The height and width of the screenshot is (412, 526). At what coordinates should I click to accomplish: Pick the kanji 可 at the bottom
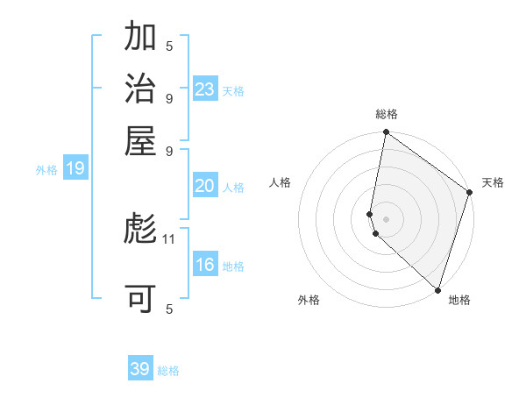[x=140, y=299]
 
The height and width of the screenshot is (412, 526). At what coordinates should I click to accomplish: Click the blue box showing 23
[x=205, y=89]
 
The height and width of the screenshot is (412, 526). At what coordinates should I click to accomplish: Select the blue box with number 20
[x=205, y=186]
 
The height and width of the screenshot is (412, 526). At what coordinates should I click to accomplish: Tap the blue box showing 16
[x=205, y=265]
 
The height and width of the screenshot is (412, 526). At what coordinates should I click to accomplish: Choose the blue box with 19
[x=75, y=168]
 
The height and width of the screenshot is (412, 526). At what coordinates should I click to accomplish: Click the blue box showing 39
[x=140, y=369]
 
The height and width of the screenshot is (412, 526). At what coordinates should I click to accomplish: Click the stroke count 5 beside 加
[x=169, y=46]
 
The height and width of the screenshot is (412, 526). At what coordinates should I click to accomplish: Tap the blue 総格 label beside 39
[x=168, y=371]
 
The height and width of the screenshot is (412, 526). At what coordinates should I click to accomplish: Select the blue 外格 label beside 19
[x=46, y=170]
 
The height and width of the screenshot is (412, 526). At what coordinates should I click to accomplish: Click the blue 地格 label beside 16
[x=233, y=266]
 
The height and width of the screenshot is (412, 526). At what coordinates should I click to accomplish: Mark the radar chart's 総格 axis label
[x=386, y=114]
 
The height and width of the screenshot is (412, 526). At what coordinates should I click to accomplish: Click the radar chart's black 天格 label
[x=493, y=182]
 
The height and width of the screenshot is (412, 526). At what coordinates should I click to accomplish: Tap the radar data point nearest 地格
[x=437, y=290]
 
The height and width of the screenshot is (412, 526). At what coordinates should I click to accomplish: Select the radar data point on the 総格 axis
[x=386, y=133]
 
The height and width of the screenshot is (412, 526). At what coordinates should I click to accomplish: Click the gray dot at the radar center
[x=386, y=218]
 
